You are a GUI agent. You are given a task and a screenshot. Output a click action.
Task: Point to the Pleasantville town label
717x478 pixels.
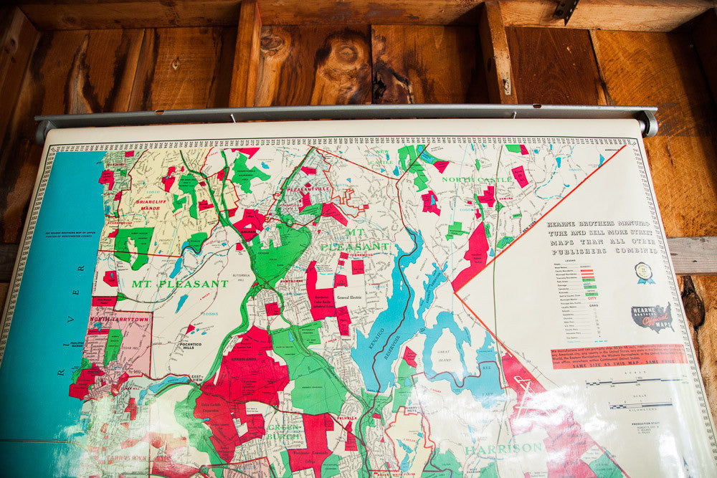point(308,189)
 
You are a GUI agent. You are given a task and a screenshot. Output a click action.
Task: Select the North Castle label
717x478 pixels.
point(477,179)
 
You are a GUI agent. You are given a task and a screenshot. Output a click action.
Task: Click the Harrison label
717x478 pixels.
point(503,449)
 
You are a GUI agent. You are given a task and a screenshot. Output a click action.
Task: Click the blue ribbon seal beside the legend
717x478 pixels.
point(643,272)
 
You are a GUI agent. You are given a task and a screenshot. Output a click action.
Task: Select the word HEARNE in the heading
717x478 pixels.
point(564,223)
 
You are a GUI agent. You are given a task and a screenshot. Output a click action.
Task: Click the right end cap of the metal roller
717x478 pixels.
point(650,123)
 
